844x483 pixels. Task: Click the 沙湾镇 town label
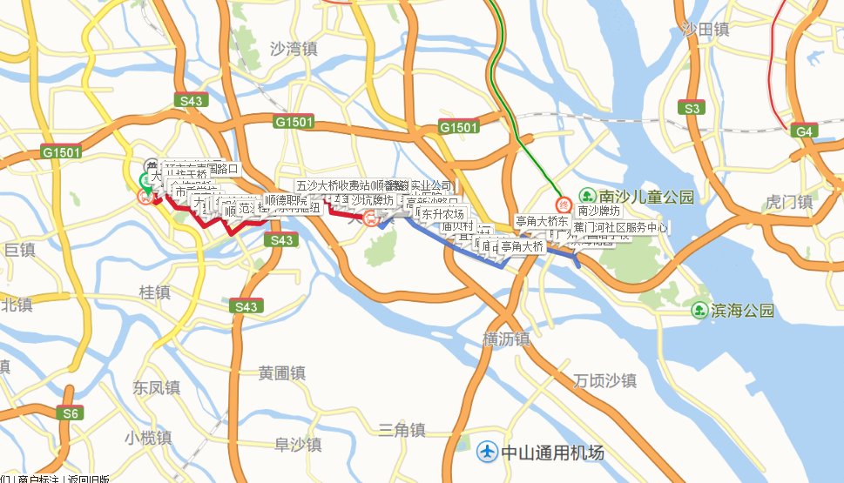click(x=291, y=50)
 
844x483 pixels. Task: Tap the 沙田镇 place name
click(x=705, y=30)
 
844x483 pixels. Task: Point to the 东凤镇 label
click(x=155, y=386)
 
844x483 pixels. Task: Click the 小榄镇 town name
click(x=146, y=438)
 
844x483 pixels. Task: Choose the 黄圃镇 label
click(x=282, y=372)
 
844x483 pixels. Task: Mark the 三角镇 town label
click(x=402, y=429)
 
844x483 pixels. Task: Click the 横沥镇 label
click(x=506, y=339)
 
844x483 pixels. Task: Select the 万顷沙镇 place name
click(x=606, y=380)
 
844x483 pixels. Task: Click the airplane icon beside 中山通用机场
click(x=488, y=453)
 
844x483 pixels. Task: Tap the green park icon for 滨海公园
click(x=699, y=311)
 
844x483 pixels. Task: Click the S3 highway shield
click(x=692, y=109)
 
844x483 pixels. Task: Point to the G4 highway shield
click(x=805, y=131)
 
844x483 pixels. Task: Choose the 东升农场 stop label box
click(x=442, y=214)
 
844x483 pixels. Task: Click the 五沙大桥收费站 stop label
click(x=332, y=185)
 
